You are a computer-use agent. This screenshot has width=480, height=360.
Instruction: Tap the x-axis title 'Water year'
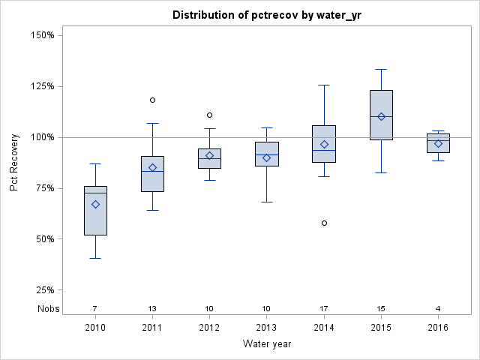[x=266, y=343]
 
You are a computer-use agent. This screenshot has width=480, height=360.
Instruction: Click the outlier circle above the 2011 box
[x=152, y=100]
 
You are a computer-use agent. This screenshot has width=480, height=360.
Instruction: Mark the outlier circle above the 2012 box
[x=209, y=115]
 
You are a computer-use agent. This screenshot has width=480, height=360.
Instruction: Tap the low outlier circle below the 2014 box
[x=324, y=223]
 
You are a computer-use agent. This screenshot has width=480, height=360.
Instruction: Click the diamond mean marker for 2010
[x=95, y=204]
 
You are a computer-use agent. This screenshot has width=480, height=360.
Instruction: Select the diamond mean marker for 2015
[x=381, y=116]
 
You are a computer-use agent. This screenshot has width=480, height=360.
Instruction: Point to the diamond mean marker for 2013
[x=266, y=157]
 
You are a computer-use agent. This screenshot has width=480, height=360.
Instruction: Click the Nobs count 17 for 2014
[x=324, y=308]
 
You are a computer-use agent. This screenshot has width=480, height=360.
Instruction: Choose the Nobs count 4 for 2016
[x=438, y=308]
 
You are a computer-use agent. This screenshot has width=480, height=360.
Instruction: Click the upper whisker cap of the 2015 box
[x=381, y=69]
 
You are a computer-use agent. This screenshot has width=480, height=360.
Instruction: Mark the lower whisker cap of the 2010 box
[x=95, y=258]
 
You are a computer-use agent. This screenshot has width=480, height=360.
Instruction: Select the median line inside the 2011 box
[x=152, y=171]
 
